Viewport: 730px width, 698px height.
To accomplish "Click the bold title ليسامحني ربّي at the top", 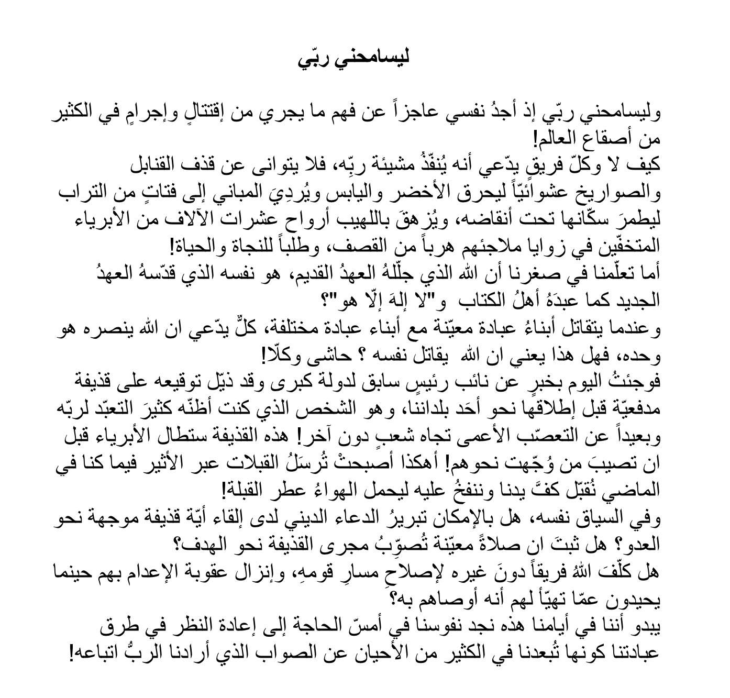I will point(353,58).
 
